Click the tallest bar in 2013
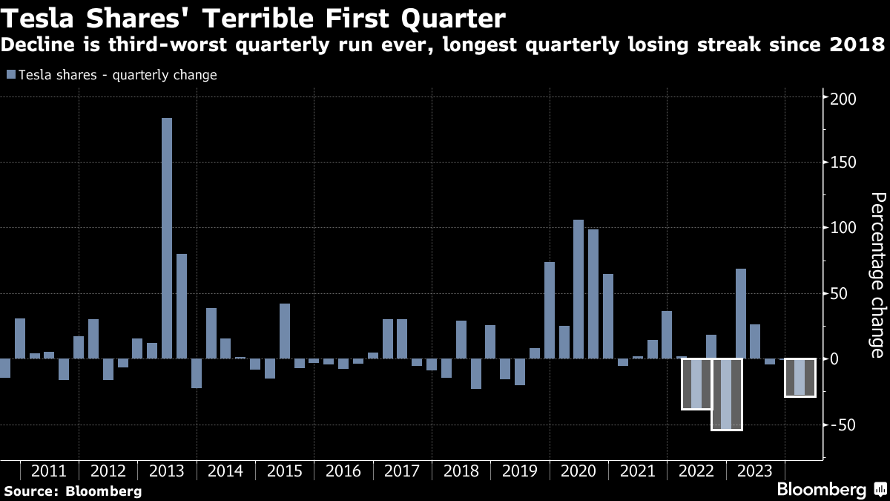(167, 238)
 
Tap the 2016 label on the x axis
(343, 471)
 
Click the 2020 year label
(578, 471)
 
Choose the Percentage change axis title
(878, 275)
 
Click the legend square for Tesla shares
(10, 75)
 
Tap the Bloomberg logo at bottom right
(831, 490)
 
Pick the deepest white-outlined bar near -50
(726, 394)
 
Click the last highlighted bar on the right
(800, 377)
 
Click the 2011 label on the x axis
(50, 471)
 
